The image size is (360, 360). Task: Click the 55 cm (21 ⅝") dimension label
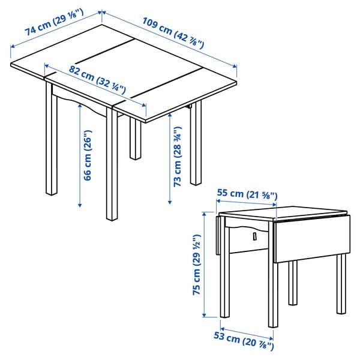(x=247, y=194)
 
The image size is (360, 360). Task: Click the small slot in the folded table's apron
(x=254, y=236)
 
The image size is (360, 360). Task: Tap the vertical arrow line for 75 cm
(x=204, y=264)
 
